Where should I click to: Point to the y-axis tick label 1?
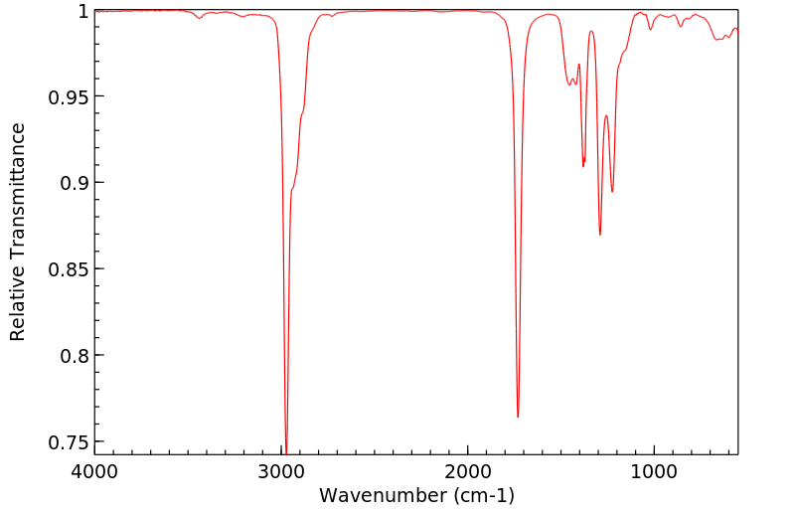click(83, 11)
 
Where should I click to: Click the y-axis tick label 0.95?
click(69, 97)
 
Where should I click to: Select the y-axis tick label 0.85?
click(69, 269)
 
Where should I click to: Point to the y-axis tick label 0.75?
click(69, 441)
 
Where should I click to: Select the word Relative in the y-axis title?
click(18, 305)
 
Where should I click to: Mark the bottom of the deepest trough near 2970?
click(286, 452)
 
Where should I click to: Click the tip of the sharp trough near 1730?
click(518, 417)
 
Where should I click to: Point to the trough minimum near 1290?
click(600, 235)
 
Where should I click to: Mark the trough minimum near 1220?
click(612, 192)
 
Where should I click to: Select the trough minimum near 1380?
click(583, 166)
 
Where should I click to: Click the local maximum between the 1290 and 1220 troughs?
click(606, 115)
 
